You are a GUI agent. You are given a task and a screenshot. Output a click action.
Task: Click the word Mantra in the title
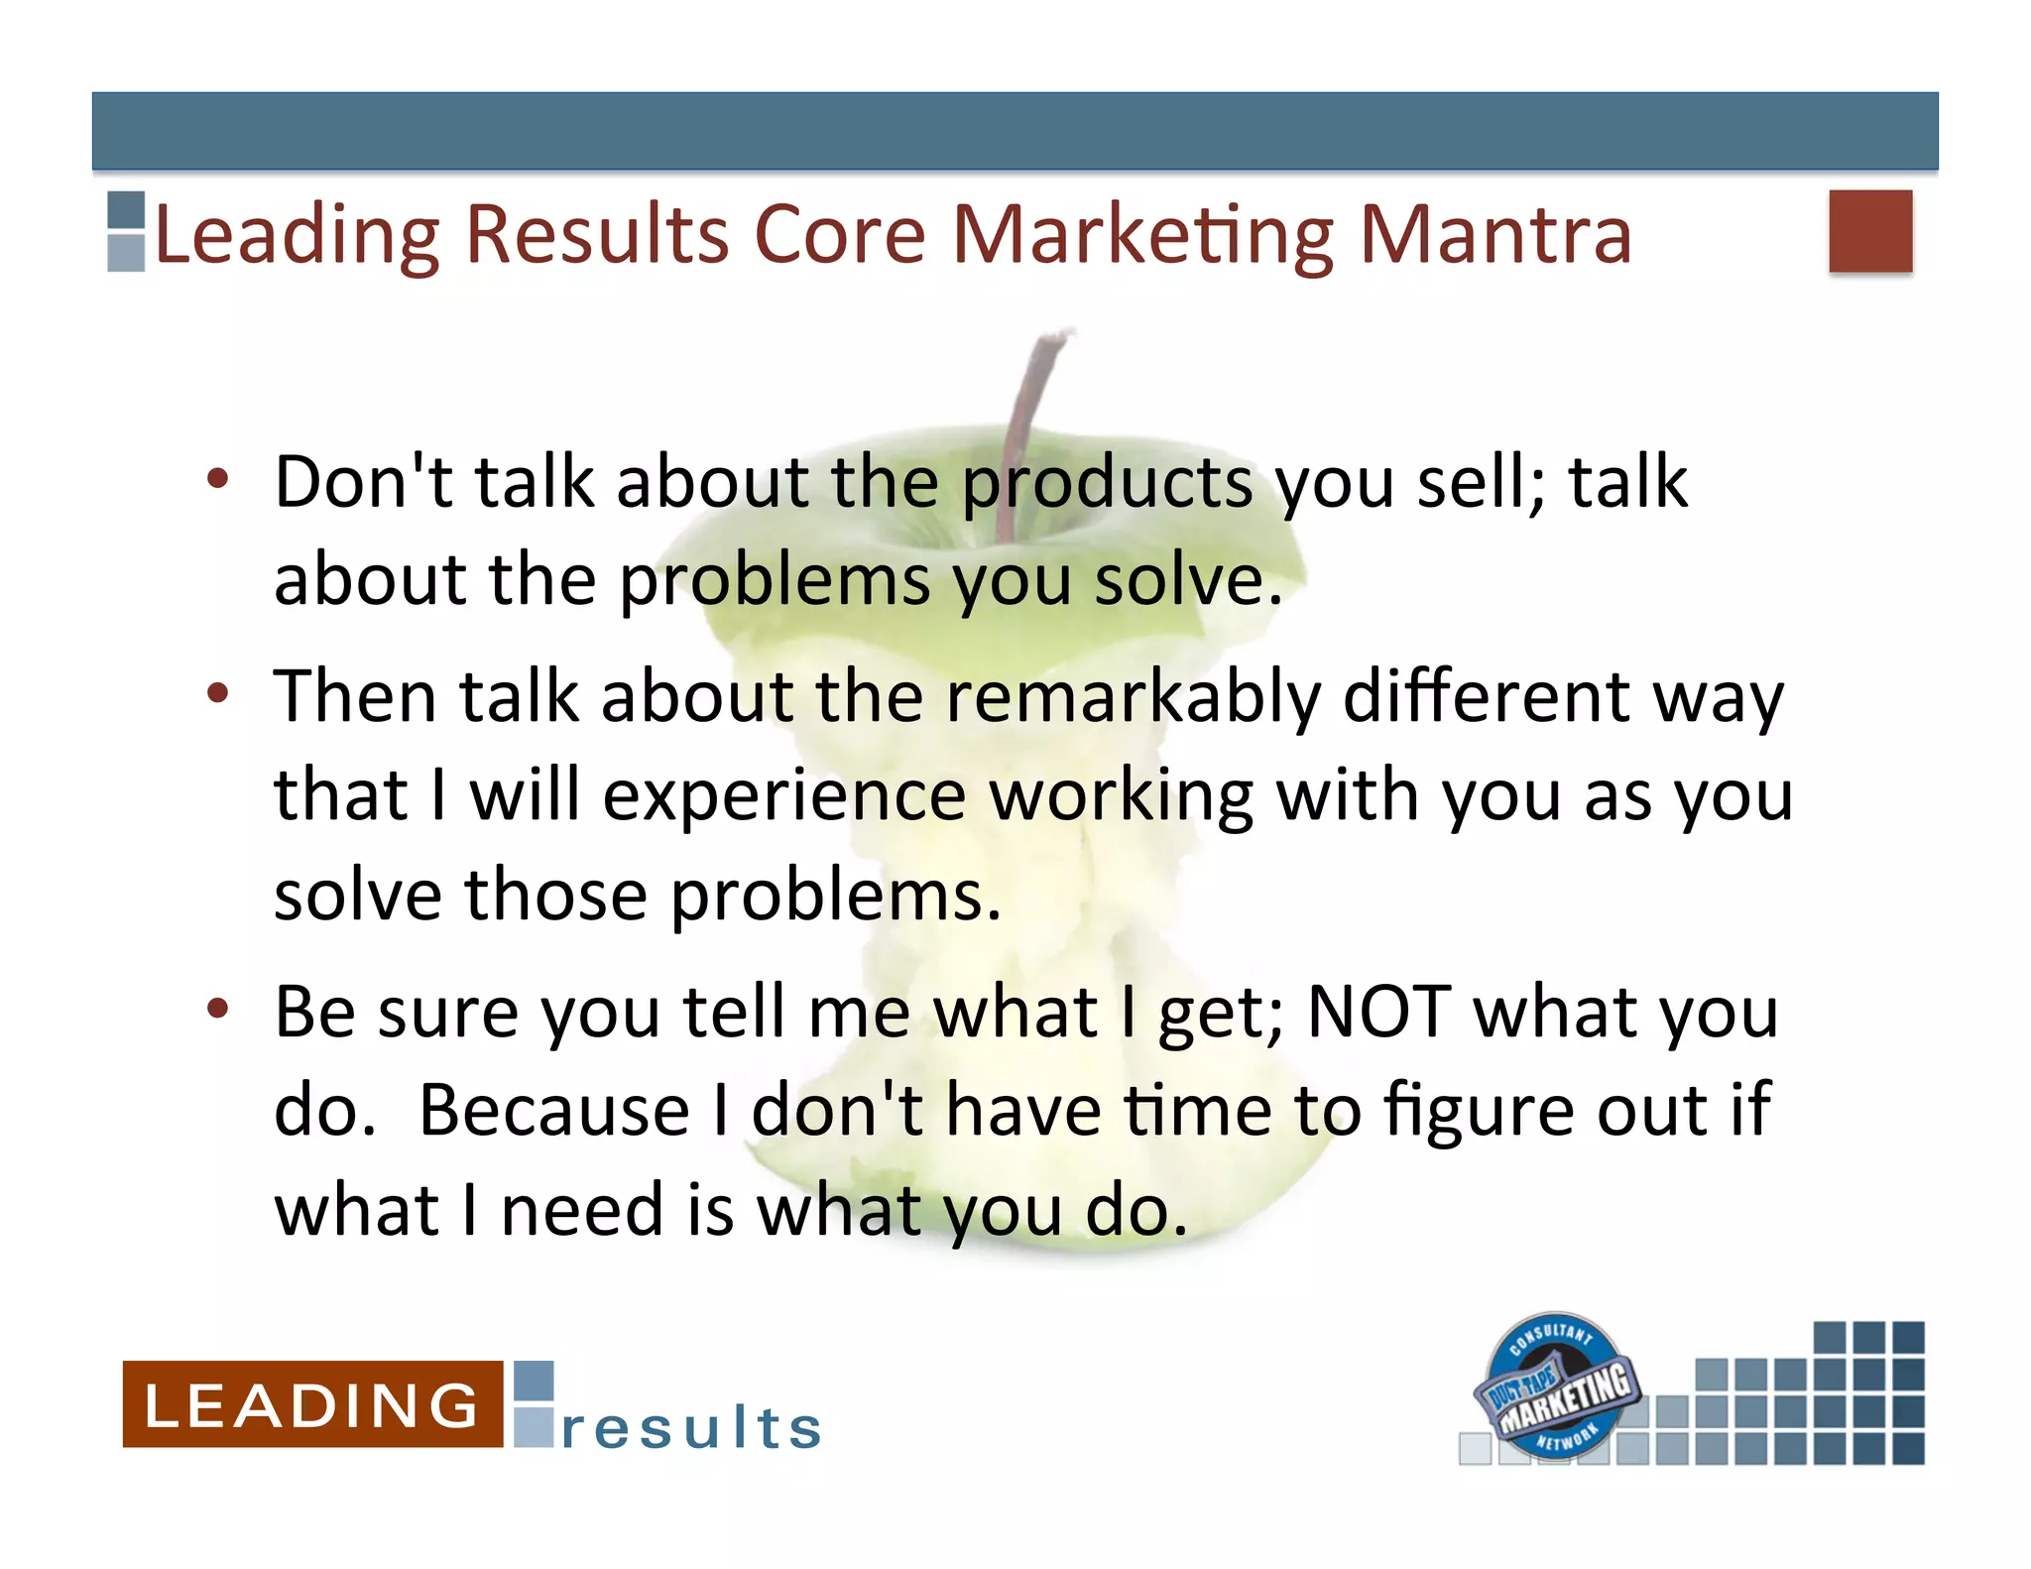click(x=1494, y=235)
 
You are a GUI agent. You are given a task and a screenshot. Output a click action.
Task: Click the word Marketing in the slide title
click(x=1142, y=235)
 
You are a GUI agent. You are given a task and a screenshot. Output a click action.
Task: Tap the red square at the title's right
click(x=1869, y=230)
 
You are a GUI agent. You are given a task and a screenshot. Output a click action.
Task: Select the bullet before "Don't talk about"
click(x=218, y=480)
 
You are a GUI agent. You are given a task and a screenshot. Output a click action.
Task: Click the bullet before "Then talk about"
click(x=218, y=694)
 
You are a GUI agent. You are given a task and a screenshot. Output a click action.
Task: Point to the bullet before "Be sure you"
click(x=218, y=1009)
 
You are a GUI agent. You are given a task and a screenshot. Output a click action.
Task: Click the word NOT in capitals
click(x=1378, y=1012)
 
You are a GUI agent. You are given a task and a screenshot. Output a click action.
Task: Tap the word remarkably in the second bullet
click(x=1133, y=696)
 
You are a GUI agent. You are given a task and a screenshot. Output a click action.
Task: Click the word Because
click(x=553, y=1111)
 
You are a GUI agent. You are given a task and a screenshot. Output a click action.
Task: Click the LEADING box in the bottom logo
click(x=311, y=1404)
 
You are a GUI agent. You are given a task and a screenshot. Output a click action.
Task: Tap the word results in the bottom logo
click(x=691, y=1428)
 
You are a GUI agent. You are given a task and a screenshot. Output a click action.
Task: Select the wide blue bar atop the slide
click(x=1015, y=131)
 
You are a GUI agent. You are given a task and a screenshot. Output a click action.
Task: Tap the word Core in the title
click(x=840, y=235)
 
